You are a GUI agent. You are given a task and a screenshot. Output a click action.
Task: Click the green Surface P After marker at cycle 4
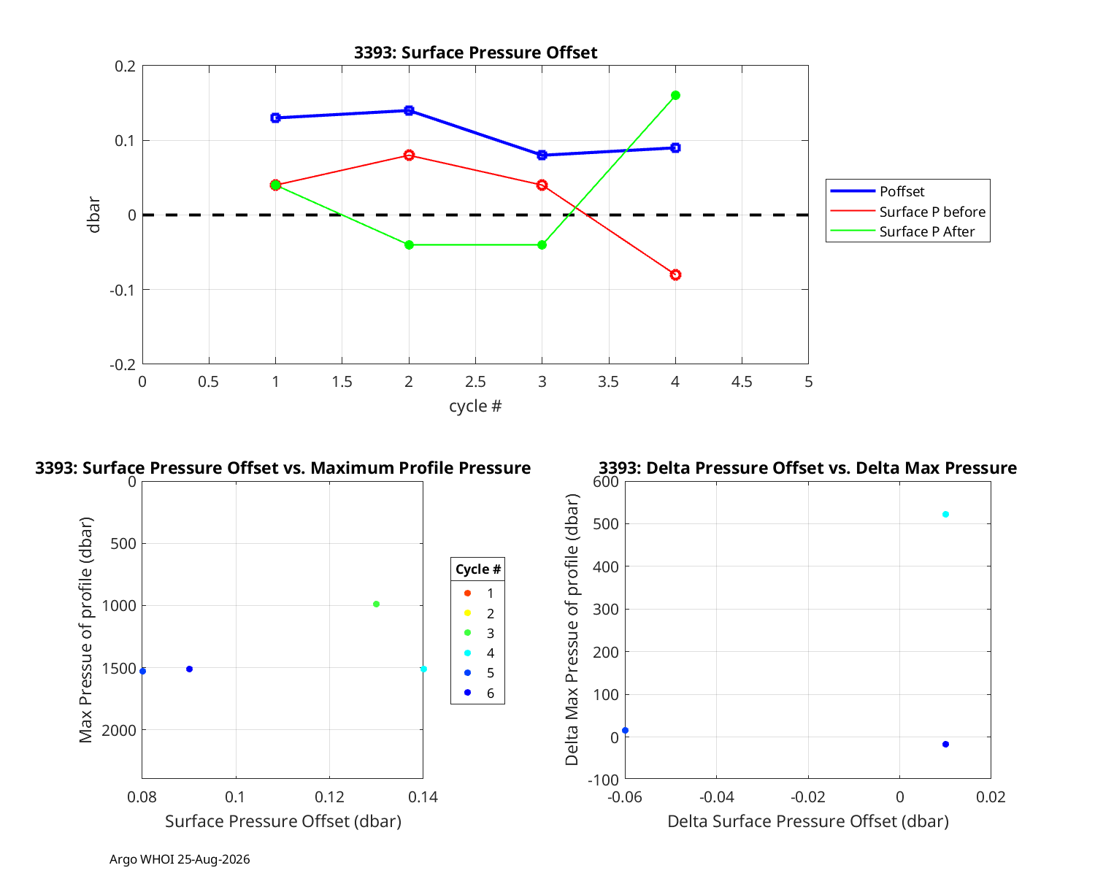[675, 95]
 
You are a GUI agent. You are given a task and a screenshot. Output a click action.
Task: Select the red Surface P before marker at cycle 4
[675, 275]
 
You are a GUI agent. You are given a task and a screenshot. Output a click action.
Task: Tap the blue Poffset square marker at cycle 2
[409, 110]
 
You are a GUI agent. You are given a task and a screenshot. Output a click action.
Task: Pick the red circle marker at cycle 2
[409, 155]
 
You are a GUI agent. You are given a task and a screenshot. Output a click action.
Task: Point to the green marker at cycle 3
[542, 245]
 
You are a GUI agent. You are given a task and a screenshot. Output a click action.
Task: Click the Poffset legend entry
[877, 191]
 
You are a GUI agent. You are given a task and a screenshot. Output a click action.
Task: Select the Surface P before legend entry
[907, 212]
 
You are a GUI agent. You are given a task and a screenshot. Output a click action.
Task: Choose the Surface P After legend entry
[902, 231]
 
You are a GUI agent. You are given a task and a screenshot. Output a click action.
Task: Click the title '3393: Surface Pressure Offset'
[475, 53]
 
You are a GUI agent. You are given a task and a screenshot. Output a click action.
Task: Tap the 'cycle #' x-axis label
[475, 406]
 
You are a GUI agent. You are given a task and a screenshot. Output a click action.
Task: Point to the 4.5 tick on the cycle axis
[742, 382]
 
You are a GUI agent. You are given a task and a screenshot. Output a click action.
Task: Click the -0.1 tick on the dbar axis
[123, 290]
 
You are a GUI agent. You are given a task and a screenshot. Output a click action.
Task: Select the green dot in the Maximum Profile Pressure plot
[377, 604]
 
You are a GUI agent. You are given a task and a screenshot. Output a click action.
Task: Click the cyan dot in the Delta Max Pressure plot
[945, 514]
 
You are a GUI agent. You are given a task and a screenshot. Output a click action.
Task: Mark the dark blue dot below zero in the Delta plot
[945, 744]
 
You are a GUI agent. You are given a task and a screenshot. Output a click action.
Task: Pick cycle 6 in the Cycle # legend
[479, 693]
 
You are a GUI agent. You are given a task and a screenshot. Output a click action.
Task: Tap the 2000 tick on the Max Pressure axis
[119, 731]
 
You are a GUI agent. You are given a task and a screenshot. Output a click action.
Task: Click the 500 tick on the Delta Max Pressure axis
[606, 523]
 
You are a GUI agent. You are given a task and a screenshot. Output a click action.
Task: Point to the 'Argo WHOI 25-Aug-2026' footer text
[180, 860]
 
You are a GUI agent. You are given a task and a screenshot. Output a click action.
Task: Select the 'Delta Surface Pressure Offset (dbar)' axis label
[808, 821]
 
